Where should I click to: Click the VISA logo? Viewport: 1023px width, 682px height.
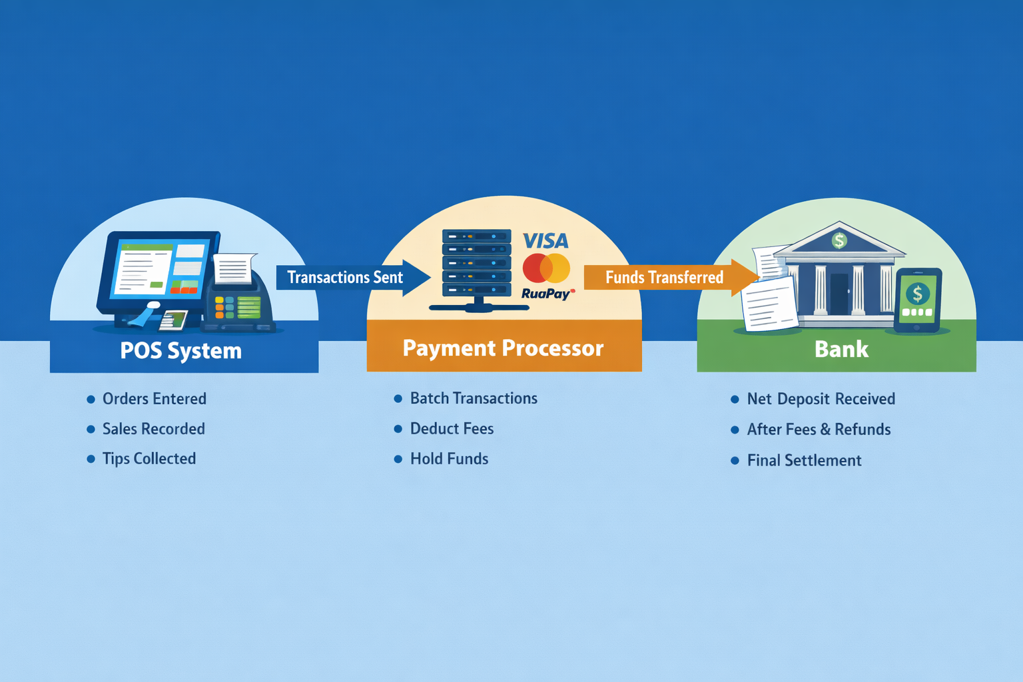click(x=545, y=240)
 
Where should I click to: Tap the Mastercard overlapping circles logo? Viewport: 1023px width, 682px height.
click(x=546, y=268)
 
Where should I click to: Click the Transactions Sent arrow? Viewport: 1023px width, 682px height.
click(x=350, y=277)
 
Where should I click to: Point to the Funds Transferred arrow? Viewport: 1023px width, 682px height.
click(x=668, y=277)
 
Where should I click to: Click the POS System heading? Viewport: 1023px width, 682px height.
click(x=180, y=350)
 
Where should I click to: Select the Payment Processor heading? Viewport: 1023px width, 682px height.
click(x=503, y=348)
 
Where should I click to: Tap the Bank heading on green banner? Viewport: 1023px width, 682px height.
click(x=841, y=349)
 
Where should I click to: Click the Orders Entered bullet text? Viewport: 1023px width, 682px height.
click(x=154, y=399)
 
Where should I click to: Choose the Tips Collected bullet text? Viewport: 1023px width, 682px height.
click(x=149, y=459)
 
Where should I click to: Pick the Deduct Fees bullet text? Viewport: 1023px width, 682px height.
click(x=452, y=429)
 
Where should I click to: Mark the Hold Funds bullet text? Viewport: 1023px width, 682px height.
click(x=449, y=459)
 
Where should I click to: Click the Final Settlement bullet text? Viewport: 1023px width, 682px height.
click(x=804, y=460)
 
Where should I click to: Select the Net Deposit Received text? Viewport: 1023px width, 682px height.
click(x=821, y=399)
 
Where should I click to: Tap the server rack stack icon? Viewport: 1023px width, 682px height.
click(x=476, y=265)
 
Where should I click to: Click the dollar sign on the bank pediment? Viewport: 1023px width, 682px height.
click(x=839, y=240)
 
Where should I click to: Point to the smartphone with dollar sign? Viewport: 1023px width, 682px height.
click(x=917, y=299)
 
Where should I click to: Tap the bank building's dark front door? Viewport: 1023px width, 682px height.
click(x=839, y=293)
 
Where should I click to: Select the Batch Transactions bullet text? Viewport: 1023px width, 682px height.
click(x=474, y=398)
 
